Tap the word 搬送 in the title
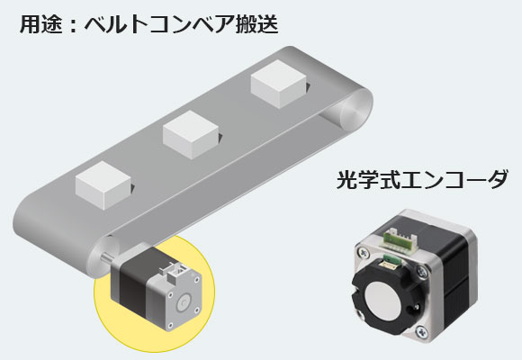[x=255, y=24]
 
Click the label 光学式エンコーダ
[x=422, y=177]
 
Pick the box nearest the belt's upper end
[x=279, y=83]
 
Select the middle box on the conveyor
[x=192, y=133]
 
